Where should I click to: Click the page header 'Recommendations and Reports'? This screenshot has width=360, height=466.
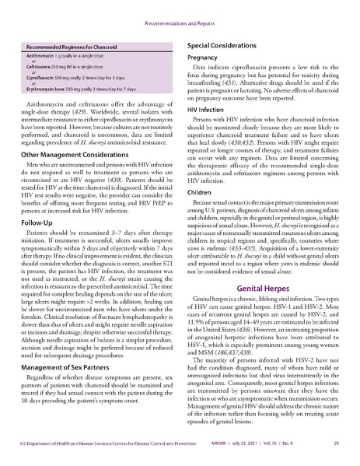180,14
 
